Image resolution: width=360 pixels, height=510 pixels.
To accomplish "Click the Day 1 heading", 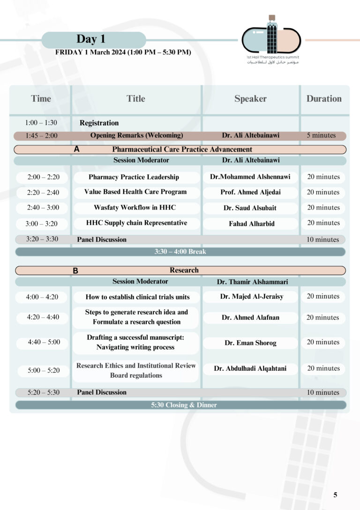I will (93, 39).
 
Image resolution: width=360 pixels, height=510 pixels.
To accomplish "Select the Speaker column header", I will (250, 99).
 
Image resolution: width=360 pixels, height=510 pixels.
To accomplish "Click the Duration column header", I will (324, 99).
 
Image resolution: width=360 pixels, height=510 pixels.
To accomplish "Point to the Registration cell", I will (99, 123).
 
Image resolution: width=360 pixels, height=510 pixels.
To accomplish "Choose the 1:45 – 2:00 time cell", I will (41, 136).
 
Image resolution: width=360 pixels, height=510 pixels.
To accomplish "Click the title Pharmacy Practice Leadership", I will (134, 177).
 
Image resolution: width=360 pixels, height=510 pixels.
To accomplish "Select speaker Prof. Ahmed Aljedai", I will (250, 192).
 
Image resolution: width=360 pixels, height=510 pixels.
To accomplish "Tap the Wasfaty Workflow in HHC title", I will (135, 208).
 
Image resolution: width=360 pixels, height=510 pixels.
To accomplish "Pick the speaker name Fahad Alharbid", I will (250, 224).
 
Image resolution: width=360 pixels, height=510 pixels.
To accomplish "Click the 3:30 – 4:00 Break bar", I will (180, 252).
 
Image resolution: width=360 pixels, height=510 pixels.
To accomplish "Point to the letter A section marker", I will (77, 150).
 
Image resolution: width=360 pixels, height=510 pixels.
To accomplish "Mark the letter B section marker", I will (75, 270).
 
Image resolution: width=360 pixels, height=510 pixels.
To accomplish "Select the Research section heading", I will (184, 270).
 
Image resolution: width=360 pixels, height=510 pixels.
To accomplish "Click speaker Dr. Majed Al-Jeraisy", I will (252, 297).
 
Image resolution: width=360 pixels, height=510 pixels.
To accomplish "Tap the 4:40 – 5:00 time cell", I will (44, 342).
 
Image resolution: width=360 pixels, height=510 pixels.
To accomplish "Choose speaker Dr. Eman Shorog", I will (250, 343).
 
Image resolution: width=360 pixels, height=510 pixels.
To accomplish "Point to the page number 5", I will (335, 495).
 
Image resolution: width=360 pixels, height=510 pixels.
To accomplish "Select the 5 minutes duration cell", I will (321, 135).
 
